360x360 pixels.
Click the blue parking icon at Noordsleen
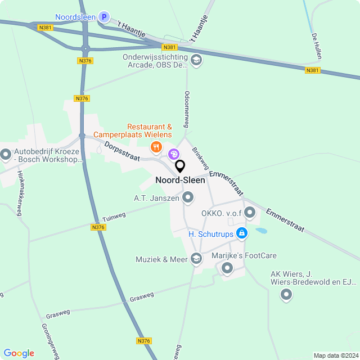click(103, 17)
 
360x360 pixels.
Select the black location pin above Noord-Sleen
click(180, 166)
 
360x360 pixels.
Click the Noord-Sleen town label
click(180, 181)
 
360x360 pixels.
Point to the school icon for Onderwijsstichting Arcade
click(196, 60)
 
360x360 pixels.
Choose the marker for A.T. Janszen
click(188, 197)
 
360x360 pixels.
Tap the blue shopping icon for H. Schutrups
click(241, 233)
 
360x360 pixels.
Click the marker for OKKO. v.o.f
click(250, 213)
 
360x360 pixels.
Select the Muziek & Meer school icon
click(196, 259)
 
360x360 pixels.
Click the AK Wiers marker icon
click(286, 294)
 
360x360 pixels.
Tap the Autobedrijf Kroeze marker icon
click(6, 154)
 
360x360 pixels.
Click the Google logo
click(19, 353)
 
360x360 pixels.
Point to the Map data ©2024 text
click(336, 355)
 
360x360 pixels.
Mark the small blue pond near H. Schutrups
click(261, 231)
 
